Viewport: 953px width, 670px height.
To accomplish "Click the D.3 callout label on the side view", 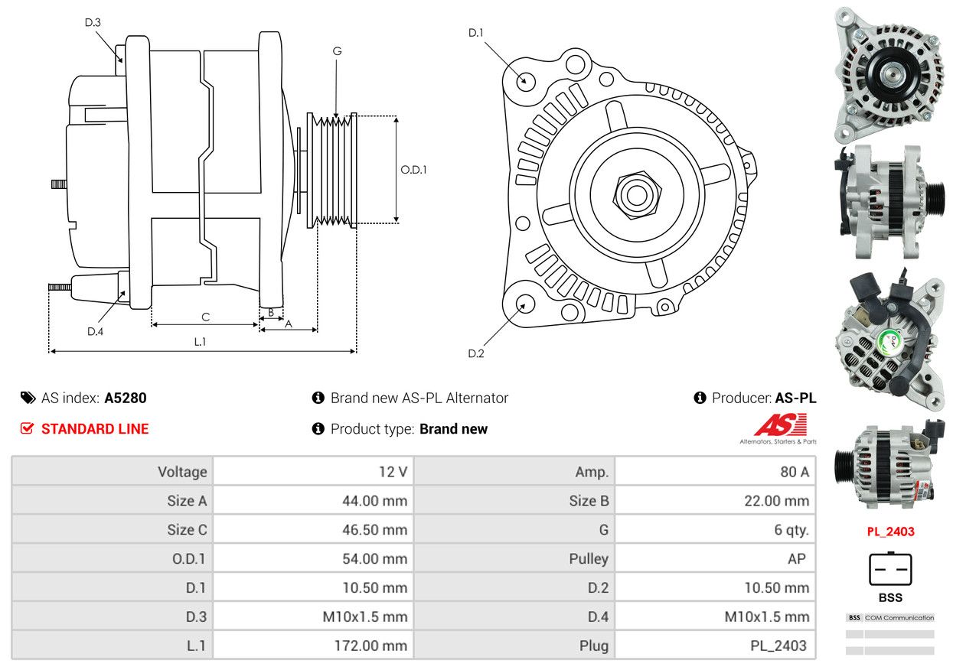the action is [93, 22].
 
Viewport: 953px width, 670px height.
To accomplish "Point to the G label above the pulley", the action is [337, 51].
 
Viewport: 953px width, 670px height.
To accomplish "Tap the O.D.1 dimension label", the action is [413, 170].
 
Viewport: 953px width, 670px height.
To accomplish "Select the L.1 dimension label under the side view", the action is [200, 341].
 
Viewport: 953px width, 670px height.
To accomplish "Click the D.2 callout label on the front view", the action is [475, 353].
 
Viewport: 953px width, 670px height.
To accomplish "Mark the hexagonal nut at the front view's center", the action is [637, 195].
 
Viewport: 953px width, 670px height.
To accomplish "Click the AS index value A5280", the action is [126, 398].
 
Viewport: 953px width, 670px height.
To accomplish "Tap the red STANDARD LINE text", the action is [95, 428].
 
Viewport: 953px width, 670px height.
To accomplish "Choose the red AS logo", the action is [781, 424].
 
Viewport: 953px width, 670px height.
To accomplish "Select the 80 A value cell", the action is [715, 471].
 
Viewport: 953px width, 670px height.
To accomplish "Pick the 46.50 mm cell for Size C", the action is [313, 529].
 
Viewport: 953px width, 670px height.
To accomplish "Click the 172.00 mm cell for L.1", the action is [313, 646].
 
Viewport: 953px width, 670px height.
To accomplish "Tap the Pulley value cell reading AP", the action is [715, 558].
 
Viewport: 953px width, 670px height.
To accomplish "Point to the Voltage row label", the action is [182, 471].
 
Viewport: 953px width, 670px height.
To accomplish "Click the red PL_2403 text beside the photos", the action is [890, 532].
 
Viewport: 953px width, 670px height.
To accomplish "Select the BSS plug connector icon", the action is [890, 569].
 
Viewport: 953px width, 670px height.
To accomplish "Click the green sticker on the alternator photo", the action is [889, 343].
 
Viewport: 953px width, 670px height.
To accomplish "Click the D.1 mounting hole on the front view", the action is [526, 81].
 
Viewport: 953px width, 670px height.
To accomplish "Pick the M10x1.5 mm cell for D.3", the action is [313, 616].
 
